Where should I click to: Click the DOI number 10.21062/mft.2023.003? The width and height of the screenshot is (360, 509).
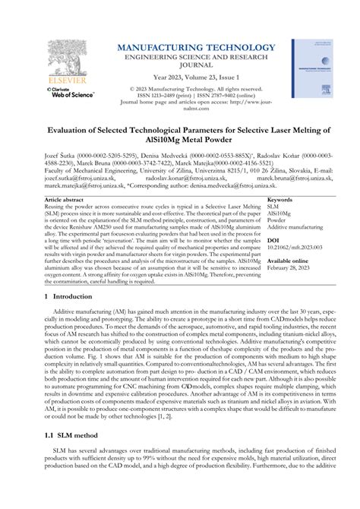click(x=297, y=247)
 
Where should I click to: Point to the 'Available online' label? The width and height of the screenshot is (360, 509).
click(x=292, y=260)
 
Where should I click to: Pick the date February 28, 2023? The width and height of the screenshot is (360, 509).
click(x=294, y=267)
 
